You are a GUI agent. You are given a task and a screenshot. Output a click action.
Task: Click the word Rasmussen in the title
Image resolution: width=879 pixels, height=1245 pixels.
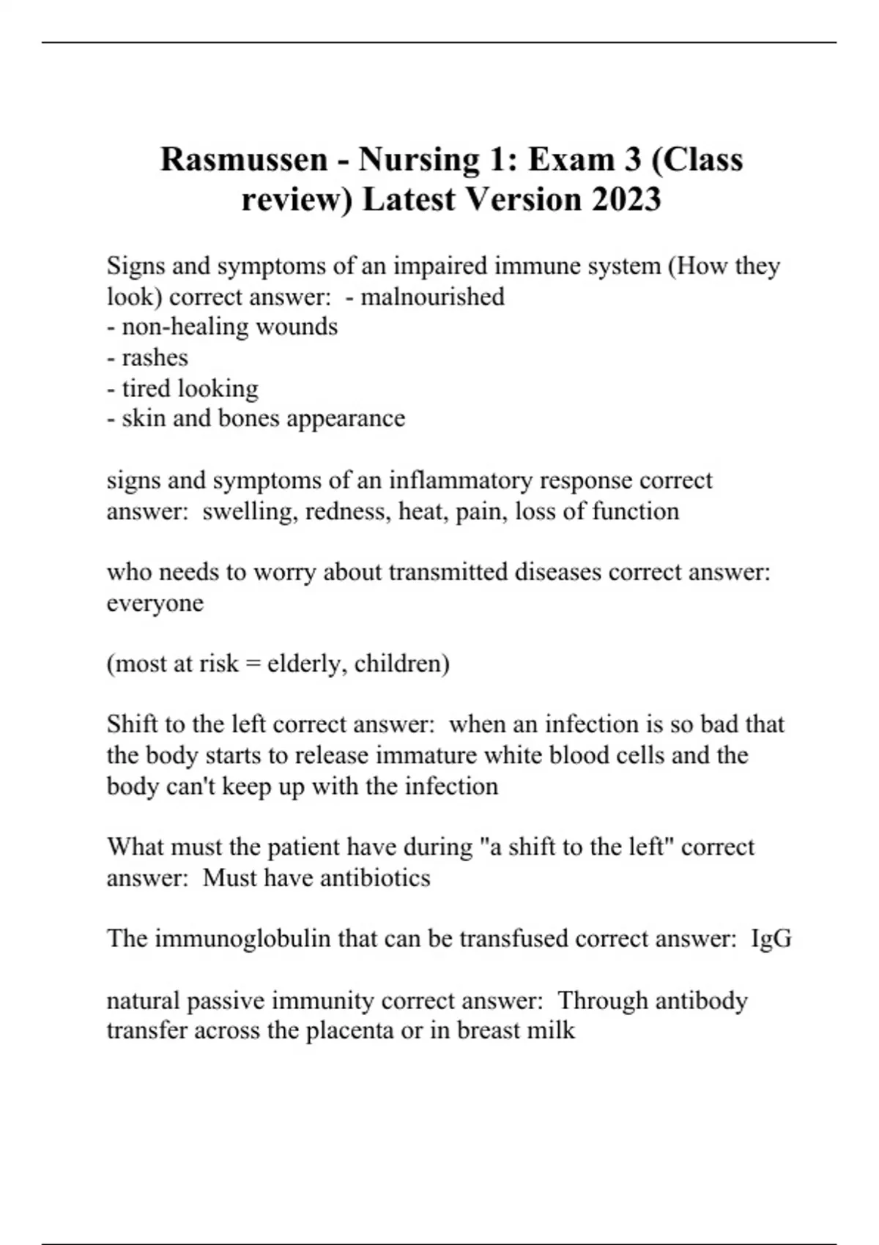(244, 160)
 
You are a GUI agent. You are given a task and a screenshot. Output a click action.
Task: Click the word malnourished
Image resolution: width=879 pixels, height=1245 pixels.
(432, 297)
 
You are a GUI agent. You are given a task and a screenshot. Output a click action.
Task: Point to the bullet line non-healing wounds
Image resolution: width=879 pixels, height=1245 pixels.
(223, 327)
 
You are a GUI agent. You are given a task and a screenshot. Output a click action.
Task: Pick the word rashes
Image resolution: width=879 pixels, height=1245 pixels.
(155, 357)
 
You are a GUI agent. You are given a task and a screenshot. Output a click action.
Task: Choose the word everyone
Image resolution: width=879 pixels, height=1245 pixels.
(155, 603)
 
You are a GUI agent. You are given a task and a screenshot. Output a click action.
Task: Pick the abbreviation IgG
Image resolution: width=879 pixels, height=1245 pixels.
(771, 939)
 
